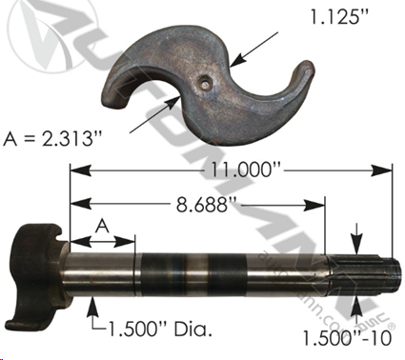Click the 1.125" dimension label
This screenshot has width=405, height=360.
(340, 17)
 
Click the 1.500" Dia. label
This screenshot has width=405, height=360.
(160, 330)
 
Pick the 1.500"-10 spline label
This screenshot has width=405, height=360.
(347, 338)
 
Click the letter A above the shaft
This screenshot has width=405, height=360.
(102, 227)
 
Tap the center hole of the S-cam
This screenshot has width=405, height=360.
(204, 84)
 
